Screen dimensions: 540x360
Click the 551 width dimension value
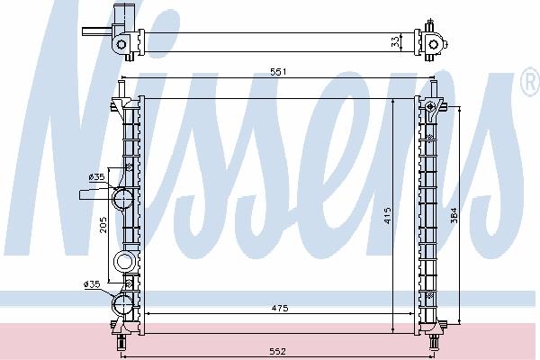click(x=278, y=72)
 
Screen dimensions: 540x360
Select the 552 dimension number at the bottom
click(x=277, y=351)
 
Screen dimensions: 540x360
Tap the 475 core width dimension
click(x=279, y=309)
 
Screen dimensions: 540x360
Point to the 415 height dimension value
click(x=387, y=216)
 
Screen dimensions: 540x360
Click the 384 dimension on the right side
click(x=454, y=215)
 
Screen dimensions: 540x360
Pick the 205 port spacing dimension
click(x=103, y=225)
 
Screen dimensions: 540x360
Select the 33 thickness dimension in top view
click(x=396, y=42)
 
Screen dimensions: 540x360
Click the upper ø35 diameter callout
click(x=96, y=177)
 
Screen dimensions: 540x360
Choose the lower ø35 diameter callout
click(x=92, y=284)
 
